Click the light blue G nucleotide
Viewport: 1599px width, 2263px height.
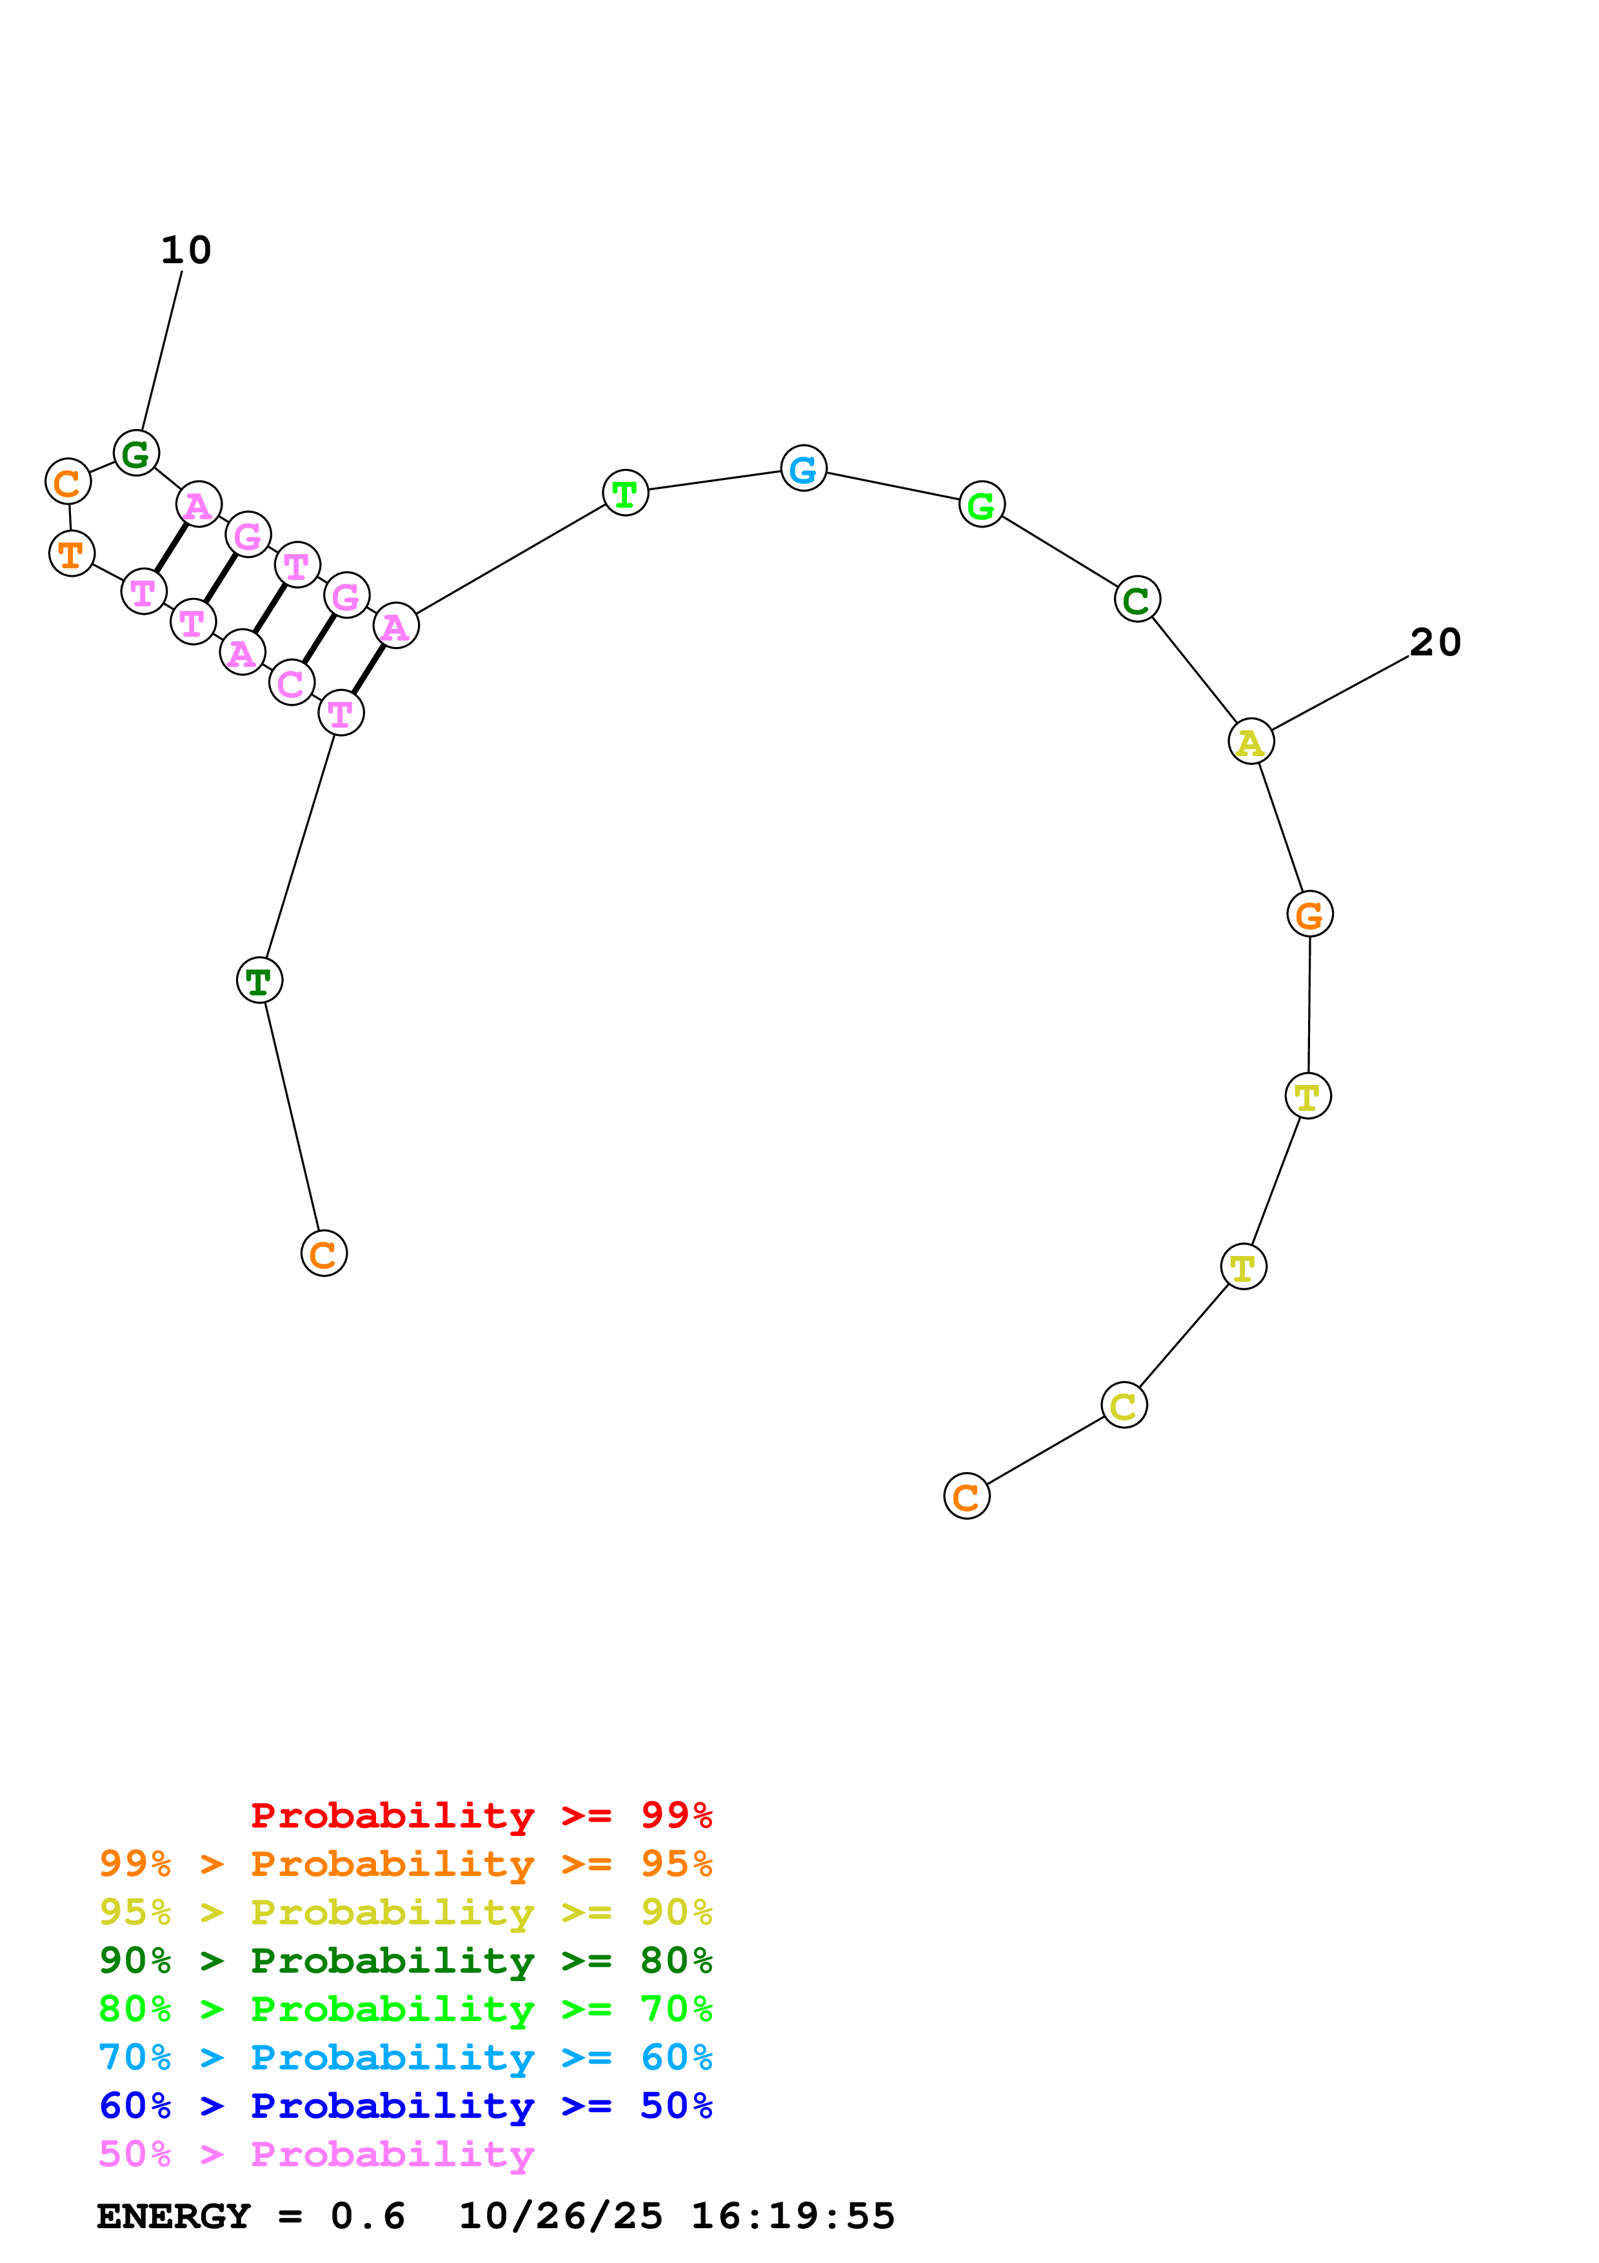803,468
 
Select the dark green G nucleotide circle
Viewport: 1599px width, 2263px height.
136,454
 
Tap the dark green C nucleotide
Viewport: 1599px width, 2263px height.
1137,599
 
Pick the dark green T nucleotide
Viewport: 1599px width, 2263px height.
259,980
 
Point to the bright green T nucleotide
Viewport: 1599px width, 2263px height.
624,493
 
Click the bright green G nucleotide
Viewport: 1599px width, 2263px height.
981,504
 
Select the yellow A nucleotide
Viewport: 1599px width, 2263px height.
1250,741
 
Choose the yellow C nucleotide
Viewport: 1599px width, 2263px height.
1123,1406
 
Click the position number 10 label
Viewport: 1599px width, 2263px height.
186,250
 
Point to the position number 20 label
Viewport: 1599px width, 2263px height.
1435,643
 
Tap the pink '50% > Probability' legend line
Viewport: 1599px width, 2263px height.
316,2155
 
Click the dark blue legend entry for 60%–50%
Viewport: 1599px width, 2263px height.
405,2106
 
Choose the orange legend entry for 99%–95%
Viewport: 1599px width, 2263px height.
405,1864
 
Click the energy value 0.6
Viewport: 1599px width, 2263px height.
368,2217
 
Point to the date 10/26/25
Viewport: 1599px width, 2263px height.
560,2217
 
